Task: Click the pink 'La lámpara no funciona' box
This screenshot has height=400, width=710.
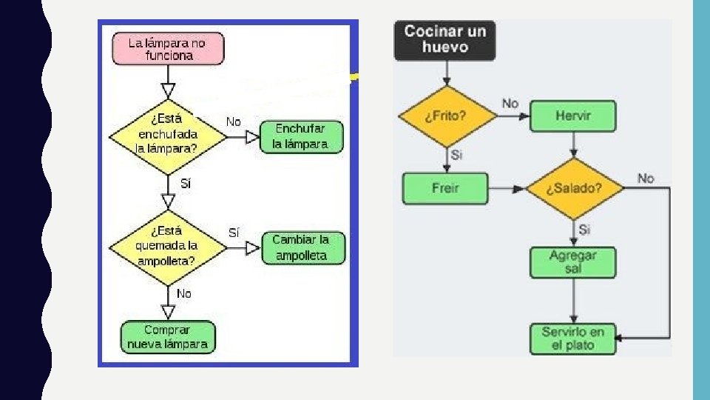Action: tap(167, 48)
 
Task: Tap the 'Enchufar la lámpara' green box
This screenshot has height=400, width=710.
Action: tap(301, 137)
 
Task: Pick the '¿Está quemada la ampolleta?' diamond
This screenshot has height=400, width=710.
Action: tap(168, 247)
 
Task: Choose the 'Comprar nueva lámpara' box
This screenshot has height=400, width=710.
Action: tap(167, 337)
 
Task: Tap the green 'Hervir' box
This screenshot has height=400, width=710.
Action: tap(573, 116)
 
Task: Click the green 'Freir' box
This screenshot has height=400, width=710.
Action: tap(445, 188)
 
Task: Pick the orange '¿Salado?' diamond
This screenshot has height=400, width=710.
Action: tap(574, 189)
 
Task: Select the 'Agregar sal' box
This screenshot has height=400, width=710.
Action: tap(573, 262)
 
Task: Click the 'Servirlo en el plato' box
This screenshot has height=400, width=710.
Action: tap(573, 339)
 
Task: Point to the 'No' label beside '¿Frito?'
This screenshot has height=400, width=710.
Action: tap(510, 104)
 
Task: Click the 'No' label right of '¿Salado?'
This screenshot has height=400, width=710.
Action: tap(646, 179)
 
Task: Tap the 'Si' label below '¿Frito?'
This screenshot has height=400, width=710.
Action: tap(456, 155)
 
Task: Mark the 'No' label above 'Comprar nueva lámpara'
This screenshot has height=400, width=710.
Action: tap(183, 293)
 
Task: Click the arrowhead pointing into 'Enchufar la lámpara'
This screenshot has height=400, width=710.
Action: tap(252, 137)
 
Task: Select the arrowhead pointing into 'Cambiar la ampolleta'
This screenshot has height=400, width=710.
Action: tap(253, 247)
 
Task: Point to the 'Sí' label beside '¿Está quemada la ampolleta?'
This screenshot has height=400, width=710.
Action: tap(233, 232)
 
